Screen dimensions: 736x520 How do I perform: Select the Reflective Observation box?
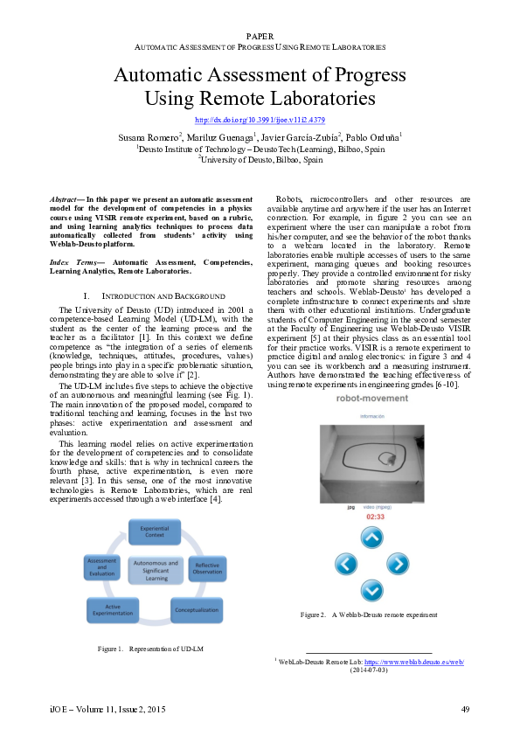tap(207, 567)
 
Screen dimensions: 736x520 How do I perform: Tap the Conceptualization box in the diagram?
tap(196, 609)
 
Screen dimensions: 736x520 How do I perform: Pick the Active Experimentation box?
tap(113, 609)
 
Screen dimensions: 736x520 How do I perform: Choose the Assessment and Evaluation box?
tap(101, 567)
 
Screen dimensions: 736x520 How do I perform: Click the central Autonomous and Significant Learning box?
tap(156, 571)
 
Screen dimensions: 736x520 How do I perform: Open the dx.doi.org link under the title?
tap(260, 120)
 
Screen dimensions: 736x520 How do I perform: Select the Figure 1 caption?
tap(150, 649)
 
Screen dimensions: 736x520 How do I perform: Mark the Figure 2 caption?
tap(369, 615)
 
